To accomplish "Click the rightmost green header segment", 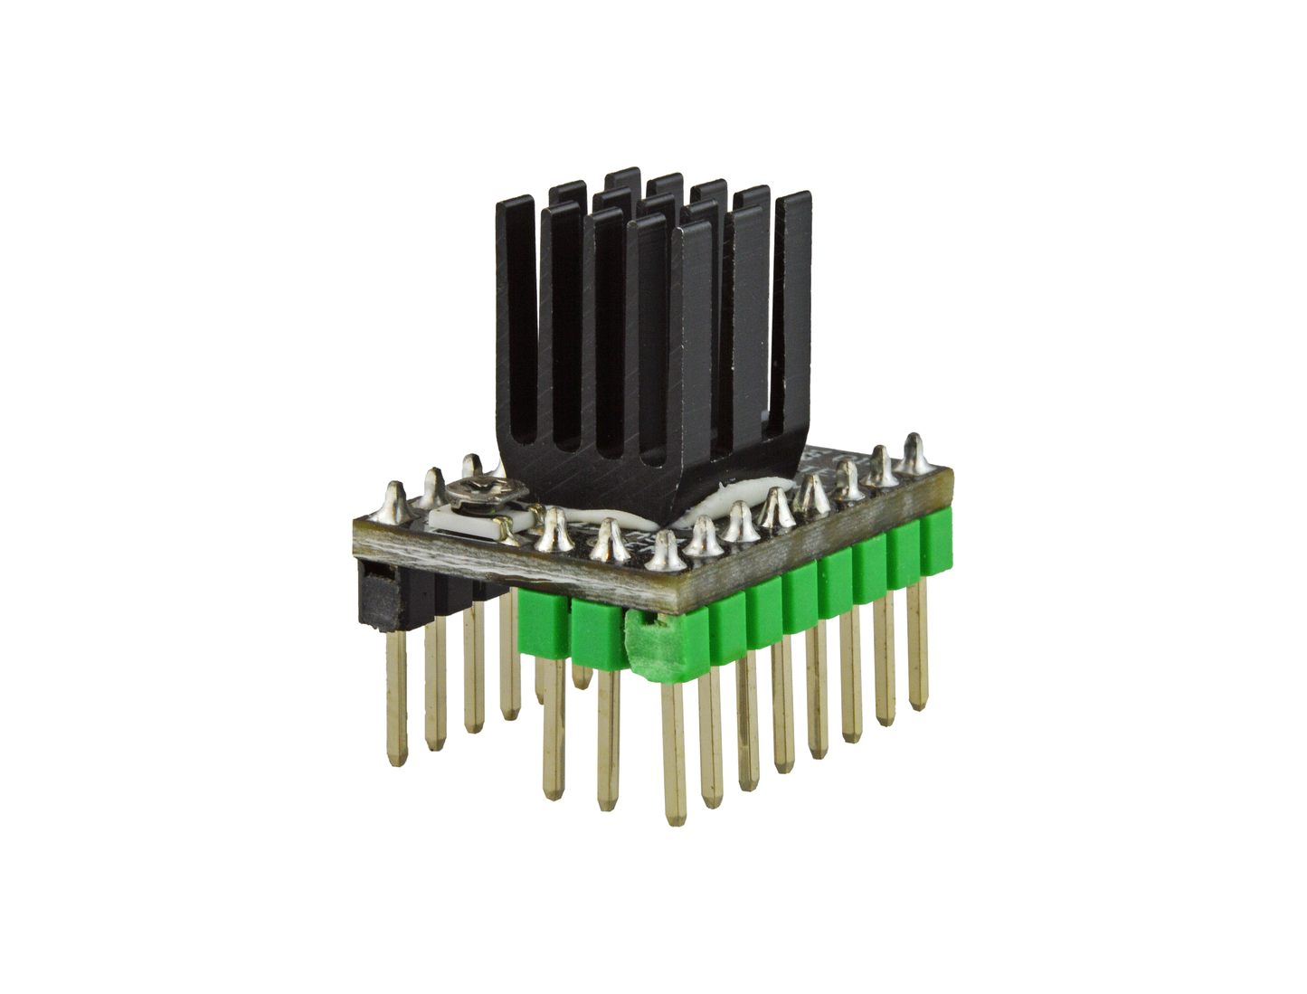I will pos(935,547).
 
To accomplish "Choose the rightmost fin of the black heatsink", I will pos(796,308).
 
